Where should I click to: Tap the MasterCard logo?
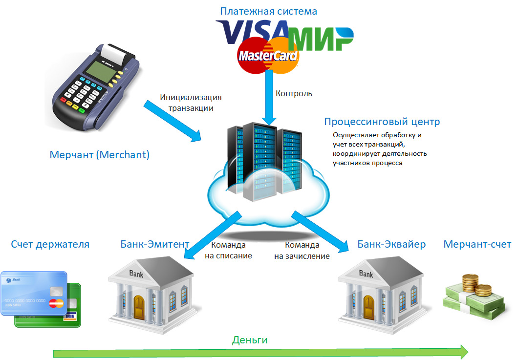tap(268, 55)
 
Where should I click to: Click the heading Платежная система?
tap(268, 11)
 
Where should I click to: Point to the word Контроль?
tap(294, 93)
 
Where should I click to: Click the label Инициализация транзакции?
tap(187, 103)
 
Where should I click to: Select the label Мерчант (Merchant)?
tap(99, 155)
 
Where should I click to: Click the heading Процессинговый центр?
tap(382, 122)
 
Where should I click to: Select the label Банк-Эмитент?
tap(155, 244)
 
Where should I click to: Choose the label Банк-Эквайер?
tap(391, 244)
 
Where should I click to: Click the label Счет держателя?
tap(50, 244)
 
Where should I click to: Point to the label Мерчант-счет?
tap(477, 244)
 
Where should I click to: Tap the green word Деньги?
tap(250, 340)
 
